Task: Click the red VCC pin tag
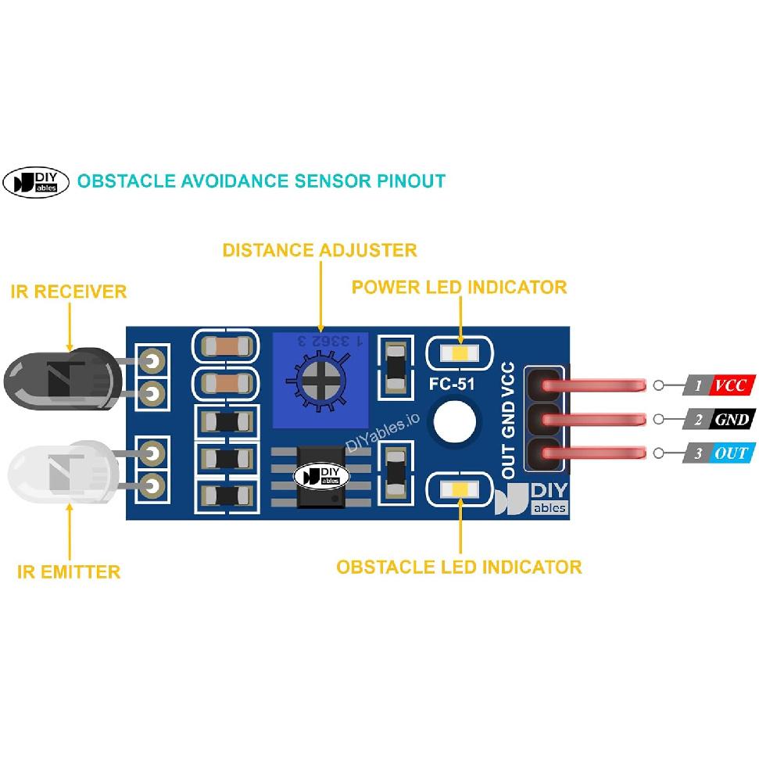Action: point(730,385)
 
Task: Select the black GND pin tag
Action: point(732,420)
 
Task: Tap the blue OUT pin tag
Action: point(730,453)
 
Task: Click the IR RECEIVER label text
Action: point(69,292)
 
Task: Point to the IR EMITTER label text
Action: point(69,571)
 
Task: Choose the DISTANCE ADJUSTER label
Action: point(320,250)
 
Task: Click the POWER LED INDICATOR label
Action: point(459,287)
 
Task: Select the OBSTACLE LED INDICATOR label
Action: point(459,567)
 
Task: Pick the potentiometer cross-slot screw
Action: point(320,381)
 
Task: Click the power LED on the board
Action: point(459,353)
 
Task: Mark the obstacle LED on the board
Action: point(459,490)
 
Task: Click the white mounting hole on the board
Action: point(456,422)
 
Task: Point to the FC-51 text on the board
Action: point(452,385)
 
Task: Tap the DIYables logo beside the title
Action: point(37,181)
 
